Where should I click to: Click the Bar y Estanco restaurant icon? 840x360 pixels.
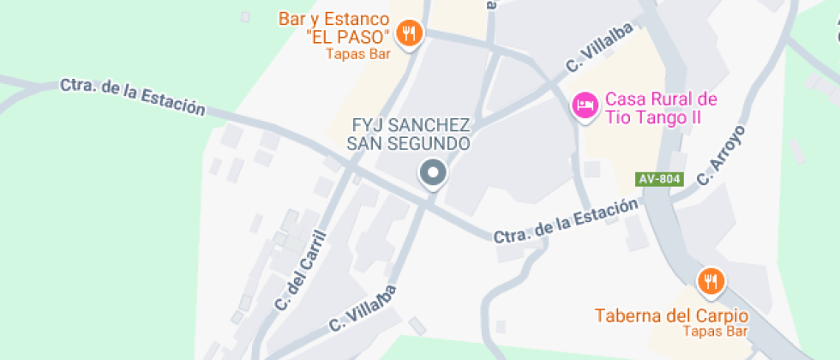tap(410, 33)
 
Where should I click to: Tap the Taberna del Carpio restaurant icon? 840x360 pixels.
tap(711, 279)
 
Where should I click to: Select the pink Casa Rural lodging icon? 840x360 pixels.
tap(584, 105)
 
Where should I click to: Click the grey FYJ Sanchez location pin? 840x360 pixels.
tap(433, 173)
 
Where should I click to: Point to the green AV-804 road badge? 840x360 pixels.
tap(660, 179)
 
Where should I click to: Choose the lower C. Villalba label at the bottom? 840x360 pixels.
tap(363, 309)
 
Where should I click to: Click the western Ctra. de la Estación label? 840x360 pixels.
tap(133, 97)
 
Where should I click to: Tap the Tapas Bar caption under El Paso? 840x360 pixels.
tap(357, 54)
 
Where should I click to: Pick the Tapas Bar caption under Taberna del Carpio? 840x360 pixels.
tap(716, 331)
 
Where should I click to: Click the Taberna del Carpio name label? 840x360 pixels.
tap(672, 315)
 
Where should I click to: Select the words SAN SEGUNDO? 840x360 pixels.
tap(408, 143)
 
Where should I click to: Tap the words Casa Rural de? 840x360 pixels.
tap(660, 99)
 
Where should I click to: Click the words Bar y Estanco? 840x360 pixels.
tap(334, 19)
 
